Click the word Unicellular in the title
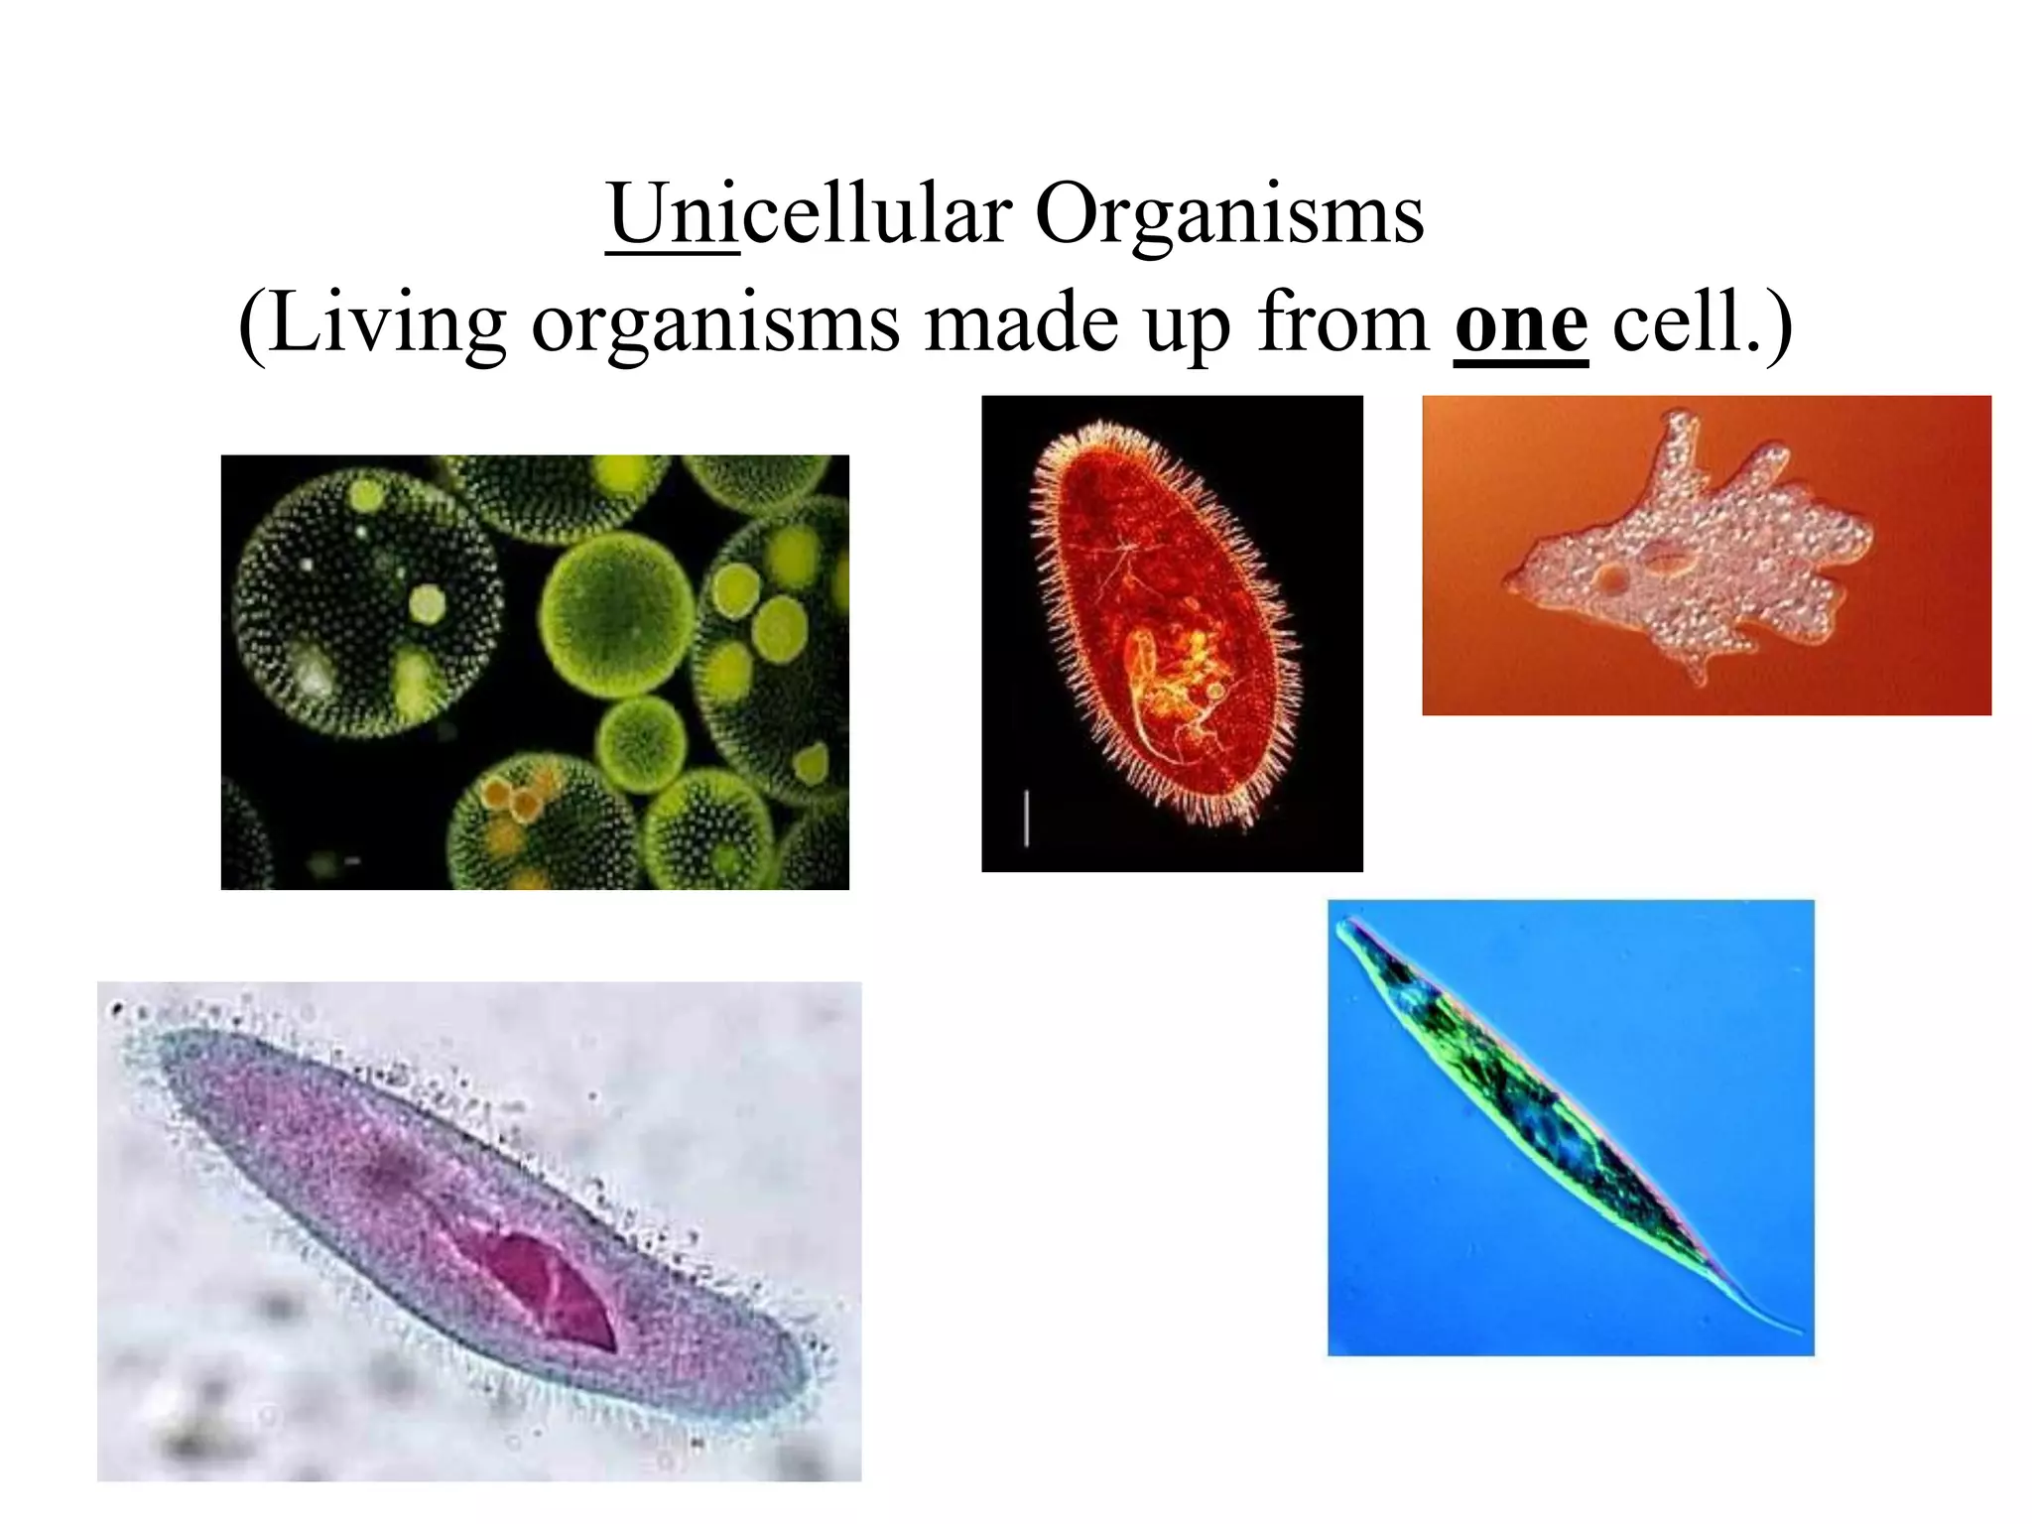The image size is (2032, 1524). point(810,214)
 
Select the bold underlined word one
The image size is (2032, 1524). point(1521,324)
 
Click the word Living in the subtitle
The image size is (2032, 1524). point(386,324)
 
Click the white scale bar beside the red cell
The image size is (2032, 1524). point(1026,818)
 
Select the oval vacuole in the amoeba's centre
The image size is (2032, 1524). point(1666,563)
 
